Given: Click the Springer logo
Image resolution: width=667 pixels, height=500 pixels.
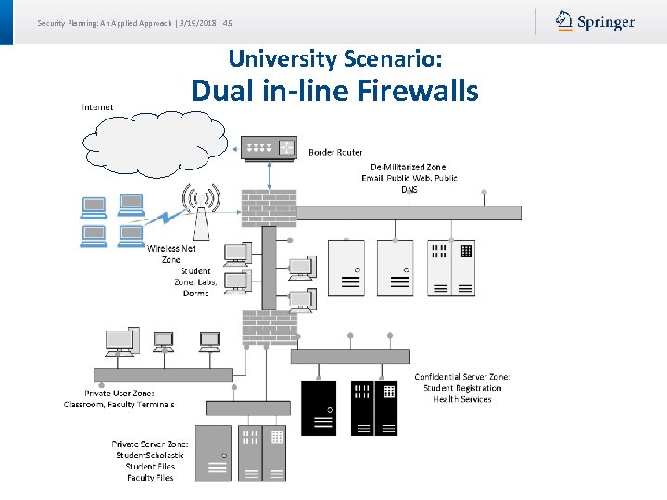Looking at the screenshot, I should (x=595, y=21).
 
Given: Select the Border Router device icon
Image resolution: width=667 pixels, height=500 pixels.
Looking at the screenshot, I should (x=269, y=147).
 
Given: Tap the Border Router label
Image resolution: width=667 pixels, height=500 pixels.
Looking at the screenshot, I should (x=335, y=152).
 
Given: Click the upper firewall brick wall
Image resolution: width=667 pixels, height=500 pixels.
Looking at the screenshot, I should (x=269, y=207).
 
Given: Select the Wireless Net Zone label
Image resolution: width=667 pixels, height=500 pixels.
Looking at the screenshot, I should (x=171, y=254).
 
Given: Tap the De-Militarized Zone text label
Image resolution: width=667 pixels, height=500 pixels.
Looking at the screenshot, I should (x=409, y=178).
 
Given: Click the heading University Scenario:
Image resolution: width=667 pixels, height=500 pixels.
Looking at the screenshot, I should (x=334, y=58).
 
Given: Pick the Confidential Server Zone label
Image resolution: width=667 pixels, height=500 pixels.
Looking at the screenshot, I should (x=462, y=388).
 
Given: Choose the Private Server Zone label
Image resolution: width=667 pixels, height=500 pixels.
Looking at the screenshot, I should (x=150, y=460).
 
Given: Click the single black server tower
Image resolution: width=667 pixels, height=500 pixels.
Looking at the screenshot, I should (x=320, y=407).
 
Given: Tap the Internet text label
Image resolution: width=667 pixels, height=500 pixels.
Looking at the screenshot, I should (x=97, y=107).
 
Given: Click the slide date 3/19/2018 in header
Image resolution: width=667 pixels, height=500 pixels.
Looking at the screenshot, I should (x=195, y=23).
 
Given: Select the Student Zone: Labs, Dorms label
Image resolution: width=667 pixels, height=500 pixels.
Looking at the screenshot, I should (x=195, y=282).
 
